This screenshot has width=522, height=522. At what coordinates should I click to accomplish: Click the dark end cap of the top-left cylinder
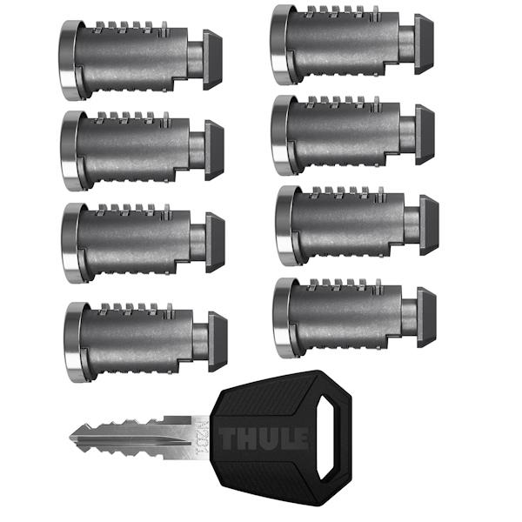(x=214, y=60)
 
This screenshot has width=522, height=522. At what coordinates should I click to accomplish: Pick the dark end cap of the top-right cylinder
(x=425, y=43)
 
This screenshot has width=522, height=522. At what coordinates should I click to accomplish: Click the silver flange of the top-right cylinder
(x=279, y=43)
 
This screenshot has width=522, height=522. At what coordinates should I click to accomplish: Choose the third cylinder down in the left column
(x=139, y=241)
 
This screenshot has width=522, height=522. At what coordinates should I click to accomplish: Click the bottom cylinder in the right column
(x=348, y=318)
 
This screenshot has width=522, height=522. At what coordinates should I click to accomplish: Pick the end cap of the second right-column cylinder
(x=425, y=134)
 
